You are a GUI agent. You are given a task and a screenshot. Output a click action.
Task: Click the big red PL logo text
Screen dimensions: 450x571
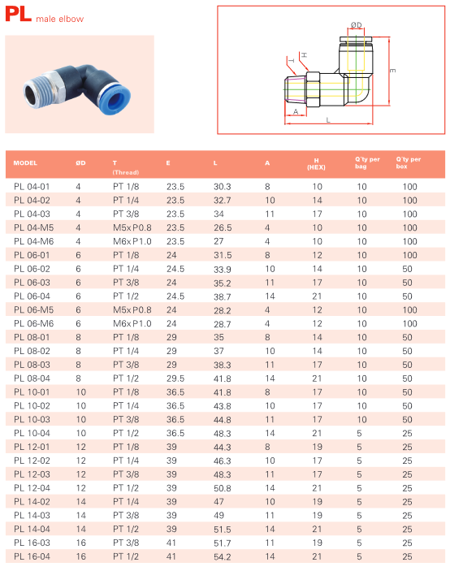(x=18, y=14)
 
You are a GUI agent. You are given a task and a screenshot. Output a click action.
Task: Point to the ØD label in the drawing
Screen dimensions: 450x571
(x=356, y=25)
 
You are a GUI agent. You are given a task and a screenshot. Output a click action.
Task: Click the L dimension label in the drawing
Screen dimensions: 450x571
(x=328, y=120)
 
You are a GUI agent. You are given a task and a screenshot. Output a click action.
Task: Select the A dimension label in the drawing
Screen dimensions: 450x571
(x=296, y=111)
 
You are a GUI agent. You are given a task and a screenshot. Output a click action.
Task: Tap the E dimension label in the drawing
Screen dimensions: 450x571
(x=392, y=71)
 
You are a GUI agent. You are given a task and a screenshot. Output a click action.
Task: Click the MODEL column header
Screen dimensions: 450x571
(x=25, y=162)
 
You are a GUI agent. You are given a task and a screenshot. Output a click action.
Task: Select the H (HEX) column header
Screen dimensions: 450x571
(x=316, y=164)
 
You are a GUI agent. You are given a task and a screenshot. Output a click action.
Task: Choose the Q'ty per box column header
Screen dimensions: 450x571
(x=409, y=162)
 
